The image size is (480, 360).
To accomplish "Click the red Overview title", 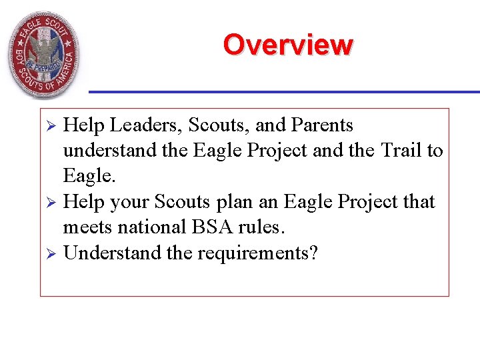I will coord(288,45).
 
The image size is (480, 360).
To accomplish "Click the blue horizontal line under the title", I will coord(284,91).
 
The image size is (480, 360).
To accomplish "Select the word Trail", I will coord(402,151).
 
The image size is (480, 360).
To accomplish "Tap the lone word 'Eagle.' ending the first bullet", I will coord(87,176).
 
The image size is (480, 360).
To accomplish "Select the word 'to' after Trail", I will coord(435,151).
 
